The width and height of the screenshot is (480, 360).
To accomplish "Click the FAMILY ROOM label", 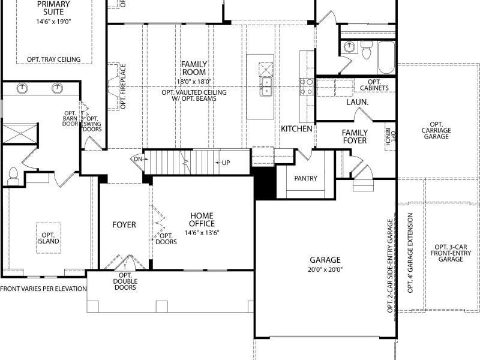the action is (194, 68).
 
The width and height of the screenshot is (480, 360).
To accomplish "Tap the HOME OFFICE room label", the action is (202, 220).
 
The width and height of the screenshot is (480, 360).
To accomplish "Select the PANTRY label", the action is (305, 178).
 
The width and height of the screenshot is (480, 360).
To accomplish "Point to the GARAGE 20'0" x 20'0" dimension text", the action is (325, 269).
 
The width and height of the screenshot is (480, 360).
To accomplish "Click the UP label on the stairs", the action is (226, 163).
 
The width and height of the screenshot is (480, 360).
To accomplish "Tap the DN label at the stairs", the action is (138, 159).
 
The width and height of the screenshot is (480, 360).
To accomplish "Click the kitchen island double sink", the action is (266, 86).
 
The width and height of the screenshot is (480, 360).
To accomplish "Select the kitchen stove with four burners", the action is (307, 86).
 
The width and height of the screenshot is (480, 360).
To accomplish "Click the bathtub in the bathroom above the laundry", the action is (386, 58).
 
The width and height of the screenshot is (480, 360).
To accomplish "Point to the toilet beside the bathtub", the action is (366, 50).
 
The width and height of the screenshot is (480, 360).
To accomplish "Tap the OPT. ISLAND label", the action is (49, 238).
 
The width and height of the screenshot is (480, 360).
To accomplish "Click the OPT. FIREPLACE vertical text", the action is (123, 86).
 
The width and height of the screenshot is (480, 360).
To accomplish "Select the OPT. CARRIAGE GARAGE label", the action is (436, 130).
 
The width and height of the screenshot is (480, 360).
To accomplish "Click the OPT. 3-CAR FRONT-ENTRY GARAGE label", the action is (451, 253).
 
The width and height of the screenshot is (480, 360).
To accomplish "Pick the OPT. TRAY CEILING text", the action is (54, 59).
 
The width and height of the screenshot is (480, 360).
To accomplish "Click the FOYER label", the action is (124, 224).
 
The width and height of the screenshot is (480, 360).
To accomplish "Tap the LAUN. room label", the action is (357, 102).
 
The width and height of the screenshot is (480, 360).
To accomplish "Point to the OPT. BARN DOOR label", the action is (70, 118).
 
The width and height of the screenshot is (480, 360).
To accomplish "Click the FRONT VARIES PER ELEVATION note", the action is (43, 289).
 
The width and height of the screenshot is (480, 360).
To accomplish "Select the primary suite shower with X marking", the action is (20, 133).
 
